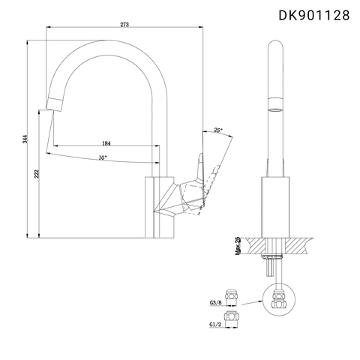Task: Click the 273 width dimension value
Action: pyautogui.click(x=124, y=25)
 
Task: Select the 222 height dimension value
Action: pyautogui.click(x=37, y=174)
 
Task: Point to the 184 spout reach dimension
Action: pyautogui.click(x=106, y=142)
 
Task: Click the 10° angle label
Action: pyautogui.click(x=102, y=157)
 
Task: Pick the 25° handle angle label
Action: pyautogui.click(x=218, y=130)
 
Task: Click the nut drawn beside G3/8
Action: pyautogui.click(x=232, y=296)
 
